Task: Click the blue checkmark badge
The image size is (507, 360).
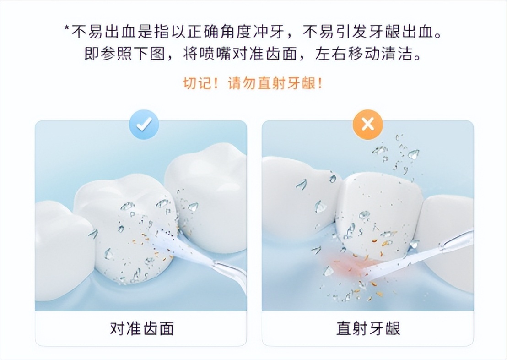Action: click(x=144, y=124)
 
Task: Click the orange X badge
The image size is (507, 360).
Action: click(x=367, y=124)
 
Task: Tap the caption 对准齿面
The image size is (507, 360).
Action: click(x=141, y=328)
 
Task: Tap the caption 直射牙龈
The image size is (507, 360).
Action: click(x=368, y=328)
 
